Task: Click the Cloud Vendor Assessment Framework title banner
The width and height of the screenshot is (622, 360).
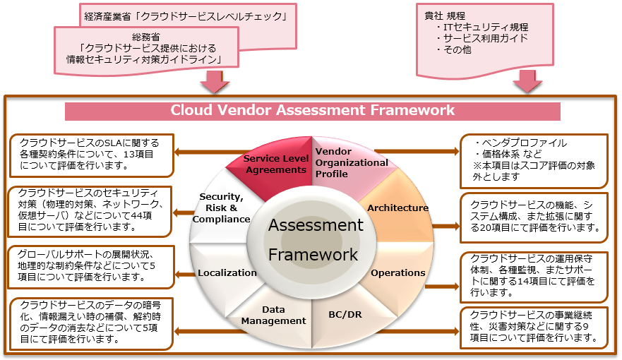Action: pos(312,111)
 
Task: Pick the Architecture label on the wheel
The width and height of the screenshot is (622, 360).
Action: pos(398,208)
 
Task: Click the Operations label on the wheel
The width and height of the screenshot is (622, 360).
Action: pos(398,272)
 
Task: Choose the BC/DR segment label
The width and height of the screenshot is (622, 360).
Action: pos(345,313)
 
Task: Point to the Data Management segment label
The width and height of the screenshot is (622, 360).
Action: pos(273,315)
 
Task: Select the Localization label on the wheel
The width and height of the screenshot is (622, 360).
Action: pos(227,272)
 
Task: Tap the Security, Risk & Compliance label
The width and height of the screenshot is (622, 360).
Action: pos(225,208)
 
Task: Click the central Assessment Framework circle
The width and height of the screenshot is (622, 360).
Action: pos(315,240)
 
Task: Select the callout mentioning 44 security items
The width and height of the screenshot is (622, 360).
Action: pos(90,210)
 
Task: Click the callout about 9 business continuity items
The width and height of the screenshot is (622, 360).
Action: pos(534,328)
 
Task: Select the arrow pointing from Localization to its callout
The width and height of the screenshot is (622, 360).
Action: pos(185,272)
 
